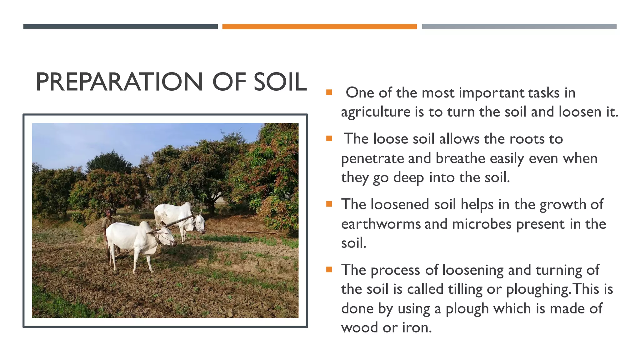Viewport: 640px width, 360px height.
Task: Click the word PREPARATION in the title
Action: pos(119,82)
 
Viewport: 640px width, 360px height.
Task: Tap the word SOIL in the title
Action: pos(280,82)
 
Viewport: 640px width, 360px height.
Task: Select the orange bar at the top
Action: pos(319,27)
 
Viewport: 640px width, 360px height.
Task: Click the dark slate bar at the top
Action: pos(120,27)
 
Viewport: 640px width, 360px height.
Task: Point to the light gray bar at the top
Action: pos(519,27)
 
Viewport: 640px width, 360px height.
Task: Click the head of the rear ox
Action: pos(199,223)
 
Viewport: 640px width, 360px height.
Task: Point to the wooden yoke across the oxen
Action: pos(175,223)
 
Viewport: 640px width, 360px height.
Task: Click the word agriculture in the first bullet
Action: pos(376,112)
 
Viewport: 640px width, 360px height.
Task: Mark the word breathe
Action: pos(460,159)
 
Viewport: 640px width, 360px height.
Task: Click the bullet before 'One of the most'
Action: pos(329,92)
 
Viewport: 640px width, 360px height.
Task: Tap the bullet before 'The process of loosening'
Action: pos(329,269)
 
